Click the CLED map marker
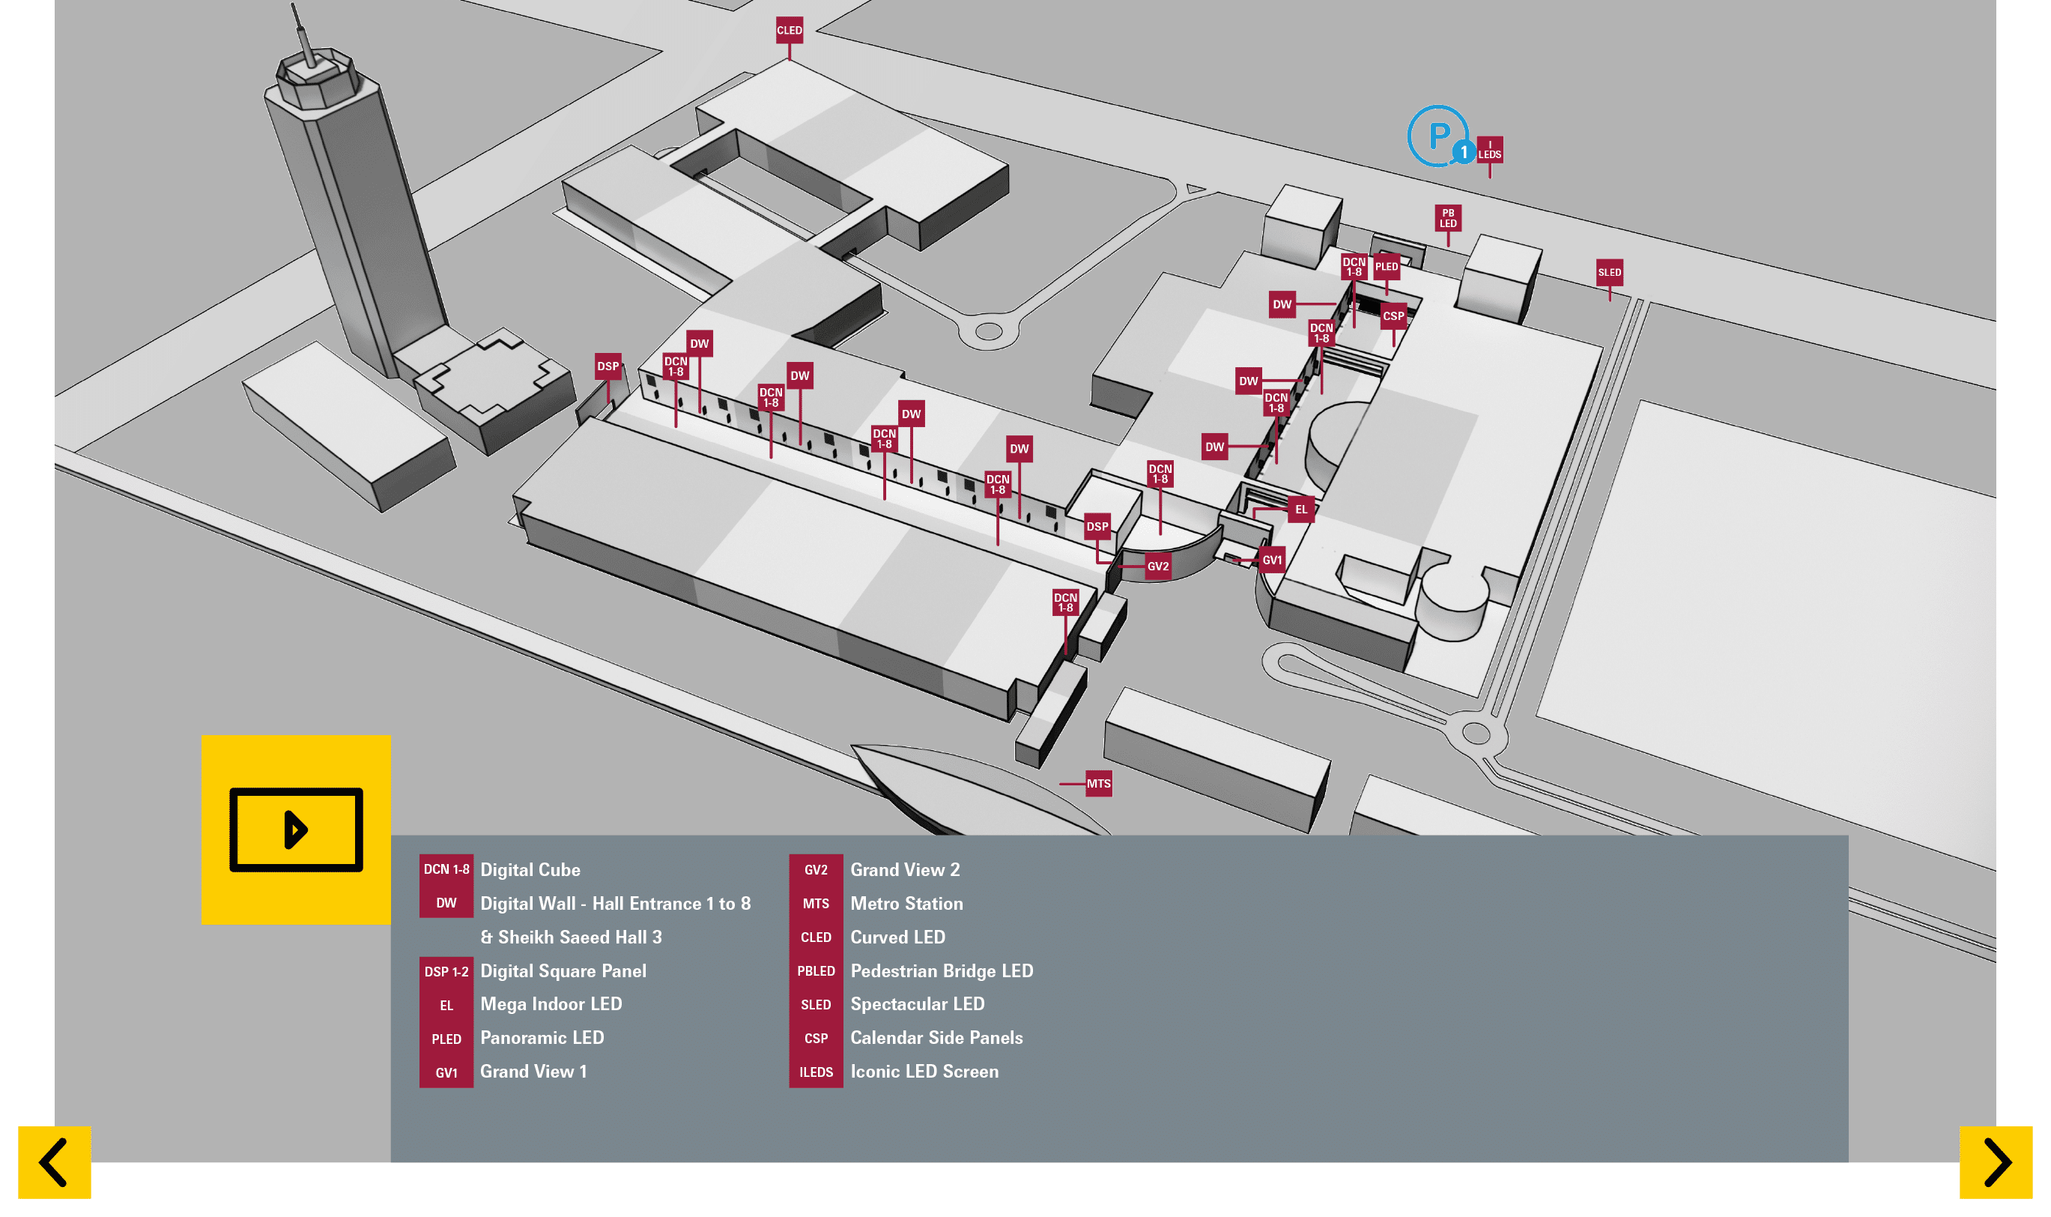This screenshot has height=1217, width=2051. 790,30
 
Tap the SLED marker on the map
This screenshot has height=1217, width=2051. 1609,272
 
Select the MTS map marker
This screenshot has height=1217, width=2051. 1098,783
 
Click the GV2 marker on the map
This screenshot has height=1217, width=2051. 1157,566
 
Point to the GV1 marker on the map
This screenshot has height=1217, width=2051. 1271,560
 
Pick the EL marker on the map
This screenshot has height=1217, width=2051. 1301,510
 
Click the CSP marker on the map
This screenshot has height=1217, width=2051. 1393,315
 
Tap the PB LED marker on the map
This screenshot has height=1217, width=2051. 1448,218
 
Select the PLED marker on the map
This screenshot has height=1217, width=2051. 1387,267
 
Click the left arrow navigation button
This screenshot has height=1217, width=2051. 54,1162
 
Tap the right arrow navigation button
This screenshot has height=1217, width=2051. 1996,1162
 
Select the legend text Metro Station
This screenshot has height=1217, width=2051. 906,903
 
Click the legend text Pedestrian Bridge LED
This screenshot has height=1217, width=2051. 941,970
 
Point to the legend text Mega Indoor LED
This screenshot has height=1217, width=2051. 551,1003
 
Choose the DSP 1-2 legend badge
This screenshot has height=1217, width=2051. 446,971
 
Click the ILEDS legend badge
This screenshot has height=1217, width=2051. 816,1072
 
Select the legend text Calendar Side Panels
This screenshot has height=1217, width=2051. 936,1037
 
